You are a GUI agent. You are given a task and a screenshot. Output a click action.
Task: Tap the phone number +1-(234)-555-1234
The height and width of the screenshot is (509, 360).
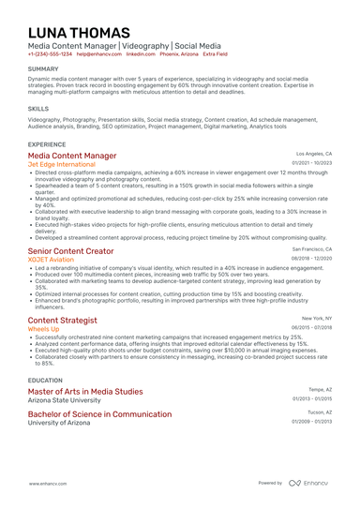click(50, 54)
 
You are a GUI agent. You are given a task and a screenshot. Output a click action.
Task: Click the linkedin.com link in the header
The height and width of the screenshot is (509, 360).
click(141, 54)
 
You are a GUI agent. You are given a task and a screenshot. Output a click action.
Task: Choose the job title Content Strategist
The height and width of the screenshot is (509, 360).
click(67, 320)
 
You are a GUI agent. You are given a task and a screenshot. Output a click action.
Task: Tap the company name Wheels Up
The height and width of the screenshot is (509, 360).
click(45, 329)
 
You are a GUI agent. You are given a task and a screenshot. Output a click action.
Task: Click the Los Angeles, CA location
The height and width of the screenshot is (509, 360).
click(313, 152)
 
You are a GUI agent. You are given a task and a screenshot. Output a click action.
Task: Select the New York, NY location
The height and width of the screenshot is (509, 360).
click(315, 318)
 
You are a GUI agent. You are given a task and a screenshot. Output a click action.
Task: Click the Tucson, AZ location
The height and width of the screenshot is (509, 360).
click(319, 411)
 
